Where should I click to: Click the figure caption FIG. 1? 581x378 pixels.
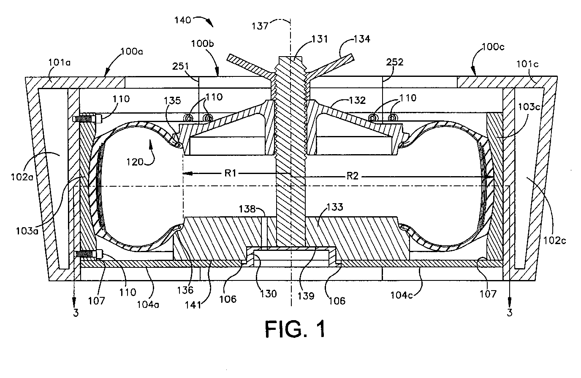[295, 329]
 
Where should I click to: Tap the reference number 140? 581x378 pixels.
[182, 20]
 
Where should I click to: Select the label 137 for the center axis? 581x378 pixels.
[260, 26]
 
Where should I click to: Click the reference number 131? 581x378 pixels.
[320, 39]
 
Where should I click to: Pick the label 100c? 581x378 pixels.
[493, 47]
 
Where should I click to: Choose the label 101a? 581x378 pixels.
[60, 63]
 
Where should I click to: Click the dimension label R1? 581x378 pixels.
[230, 173]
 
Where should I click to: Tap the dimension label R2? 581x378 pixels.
[353, 177]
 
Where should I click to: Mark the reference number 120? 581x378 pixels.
[135, 162]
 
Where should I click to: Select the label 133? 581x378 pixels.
[334, 207]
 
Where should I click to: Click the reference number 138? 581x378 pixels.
[247, 209]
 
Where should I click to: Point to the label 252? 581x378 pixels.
[395, 62]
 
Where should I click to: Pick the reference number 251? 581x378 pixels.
[181, 66]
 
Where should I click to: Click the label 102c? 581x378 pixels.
[554, 241]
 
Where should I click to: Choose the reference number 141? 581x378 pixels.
[193, 305]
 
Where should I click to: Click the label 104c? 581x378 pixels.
[402, 295]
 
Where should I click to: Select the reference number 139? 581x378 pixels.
[306, 296]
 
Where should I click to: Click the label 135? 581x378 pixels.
[172, 101]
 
